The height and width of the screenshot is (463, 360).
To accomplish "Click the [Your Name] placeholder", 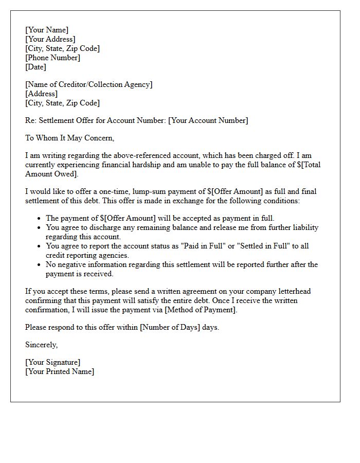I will pos(47,30).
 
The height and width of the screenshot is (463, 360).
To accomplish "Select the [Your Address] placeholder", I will pos(50,39).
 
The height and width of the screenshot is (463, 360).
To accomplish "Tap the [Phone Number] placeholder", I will pos(53,58).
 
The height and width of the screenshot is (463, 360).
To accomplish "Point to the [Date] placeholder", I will pos(35,67).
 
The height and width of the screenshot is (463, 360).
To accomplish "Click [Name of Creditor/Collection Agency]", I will pos(88,84).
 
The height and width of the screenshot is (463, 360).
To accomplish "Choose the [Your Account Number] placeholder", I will pos(208,120).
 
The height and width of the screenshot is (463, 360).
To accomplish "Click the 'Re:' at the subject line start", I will pos(31,120).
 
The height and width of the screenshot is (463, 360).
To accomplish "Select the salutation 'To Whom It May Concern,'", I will pos(69,138).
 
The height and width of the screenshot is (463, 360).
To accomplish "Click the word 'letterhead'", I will pos(292,291).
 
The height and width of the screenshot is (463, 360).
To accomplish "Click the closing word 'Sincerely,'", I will pos(42,345).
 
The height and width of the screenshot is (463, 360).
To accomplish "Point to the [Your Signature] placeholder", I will pos(53,362).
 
